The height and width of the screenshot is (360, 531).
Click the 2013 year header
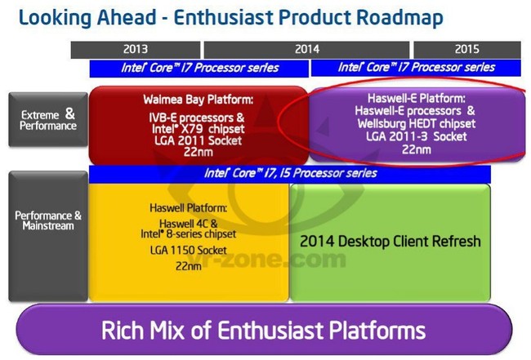pos(136,50)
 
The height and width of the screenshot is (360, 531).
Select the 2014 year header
pos(306,50)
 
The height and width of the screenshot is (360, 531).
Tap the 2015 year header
pos(467,50)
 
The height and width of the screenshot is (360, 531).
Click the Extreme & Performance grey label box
pos(48,119)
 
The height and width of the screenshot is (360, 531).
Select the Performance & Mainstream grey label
pos(48,236)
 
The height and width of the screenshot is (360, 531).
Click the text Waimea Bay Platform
pos(199,100)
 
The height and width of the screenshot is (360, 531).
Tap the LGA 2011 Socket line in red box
pos(199,140)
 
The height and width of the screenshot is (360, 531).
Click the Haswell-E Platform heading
pos(416,99)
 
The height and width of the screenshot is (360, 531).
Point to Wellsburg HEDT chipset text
pos(416,124)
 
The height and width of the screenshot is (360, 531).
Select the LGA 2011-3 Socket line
pos(416,136)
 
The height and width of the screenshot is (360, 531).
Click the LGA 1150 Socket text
pos(188,251)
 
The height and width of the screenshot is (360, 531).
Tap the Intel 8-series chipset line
pos(188,233)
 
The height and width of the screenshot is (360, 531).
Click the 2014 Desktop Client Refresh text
pos(390,242)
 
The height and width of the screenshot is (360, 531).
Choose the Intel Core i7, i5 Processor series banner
pos(290,174)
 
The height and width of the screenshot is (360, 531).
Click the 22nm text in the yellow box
pos(188,266)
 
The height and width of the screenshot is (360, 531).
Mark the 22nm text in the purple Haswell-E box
pos(416,149)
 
